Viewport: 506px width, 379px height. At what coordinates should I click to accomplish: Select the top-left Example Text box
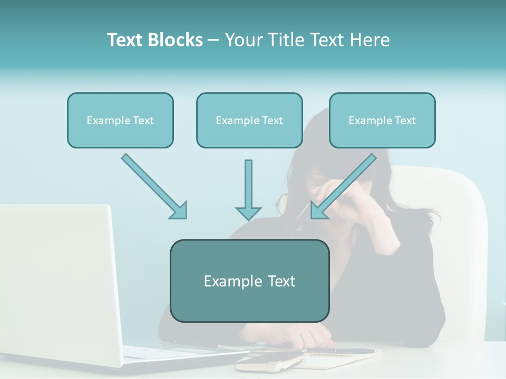click(x=120, y=120)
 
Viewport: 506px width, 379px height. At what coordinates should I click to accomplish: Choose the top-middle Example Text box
click(x=249, y=120)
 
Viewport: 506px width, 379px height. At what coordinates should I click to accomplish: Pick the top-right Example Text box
click(x=382, y=120)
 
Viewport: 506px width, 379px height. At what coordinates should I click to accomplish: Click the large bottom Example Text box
click(x=249, y=281)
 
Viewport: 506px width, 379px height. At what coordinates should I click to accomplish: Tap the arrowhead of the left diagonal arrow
click(x=180, y=211)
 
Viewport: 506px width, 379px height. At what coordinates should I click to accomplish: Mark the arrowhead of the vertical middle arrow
click(x=248, y=213)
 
